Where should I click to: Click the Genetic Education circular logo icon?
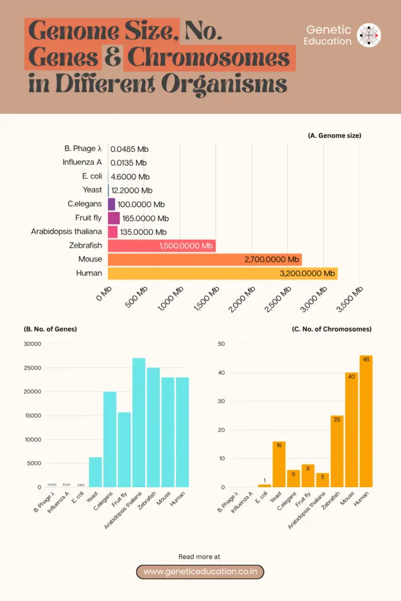(369, 35)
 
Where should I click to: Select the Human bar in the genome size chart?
(223, 273)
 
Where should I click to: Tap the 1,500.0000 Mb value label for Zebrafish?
(186, 246)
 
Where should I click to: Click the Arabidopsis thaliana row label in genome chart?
(66, 232)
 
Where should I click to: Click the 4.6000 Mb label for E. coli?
(130, 177)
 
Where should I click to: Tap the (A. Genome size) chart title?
(334, 136)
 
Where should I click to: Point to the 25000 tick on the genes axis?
(32, 368)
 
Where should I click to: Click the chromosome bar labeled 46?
(366, 421)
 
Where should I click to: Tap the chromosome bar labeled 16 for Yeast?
(279, 464)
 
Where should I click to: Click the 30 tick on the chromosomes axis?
(221, 401)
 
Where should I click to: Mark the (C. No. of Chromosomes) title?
(331, 329)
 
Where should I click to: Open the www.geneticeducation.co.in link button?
(200, 572)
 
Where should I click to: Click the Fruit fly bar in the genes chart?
(124, 450)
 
